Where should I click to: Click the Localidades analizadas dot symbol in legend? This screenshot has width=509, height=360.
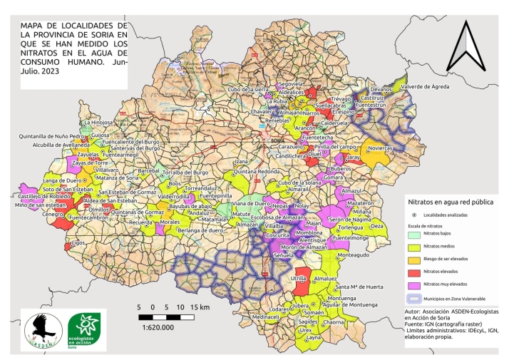413,214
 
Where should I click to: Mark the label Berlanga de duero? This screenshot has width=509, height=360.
186,231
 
